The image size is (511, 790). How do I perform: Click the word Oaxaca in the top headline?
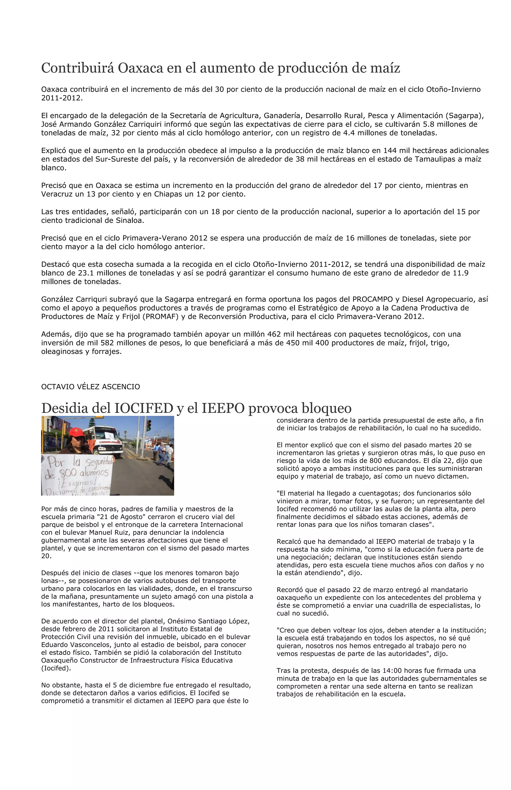pos(141,68)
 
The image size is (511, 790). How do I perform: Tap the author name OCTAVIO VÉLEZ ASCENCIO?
pos(91,387)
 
